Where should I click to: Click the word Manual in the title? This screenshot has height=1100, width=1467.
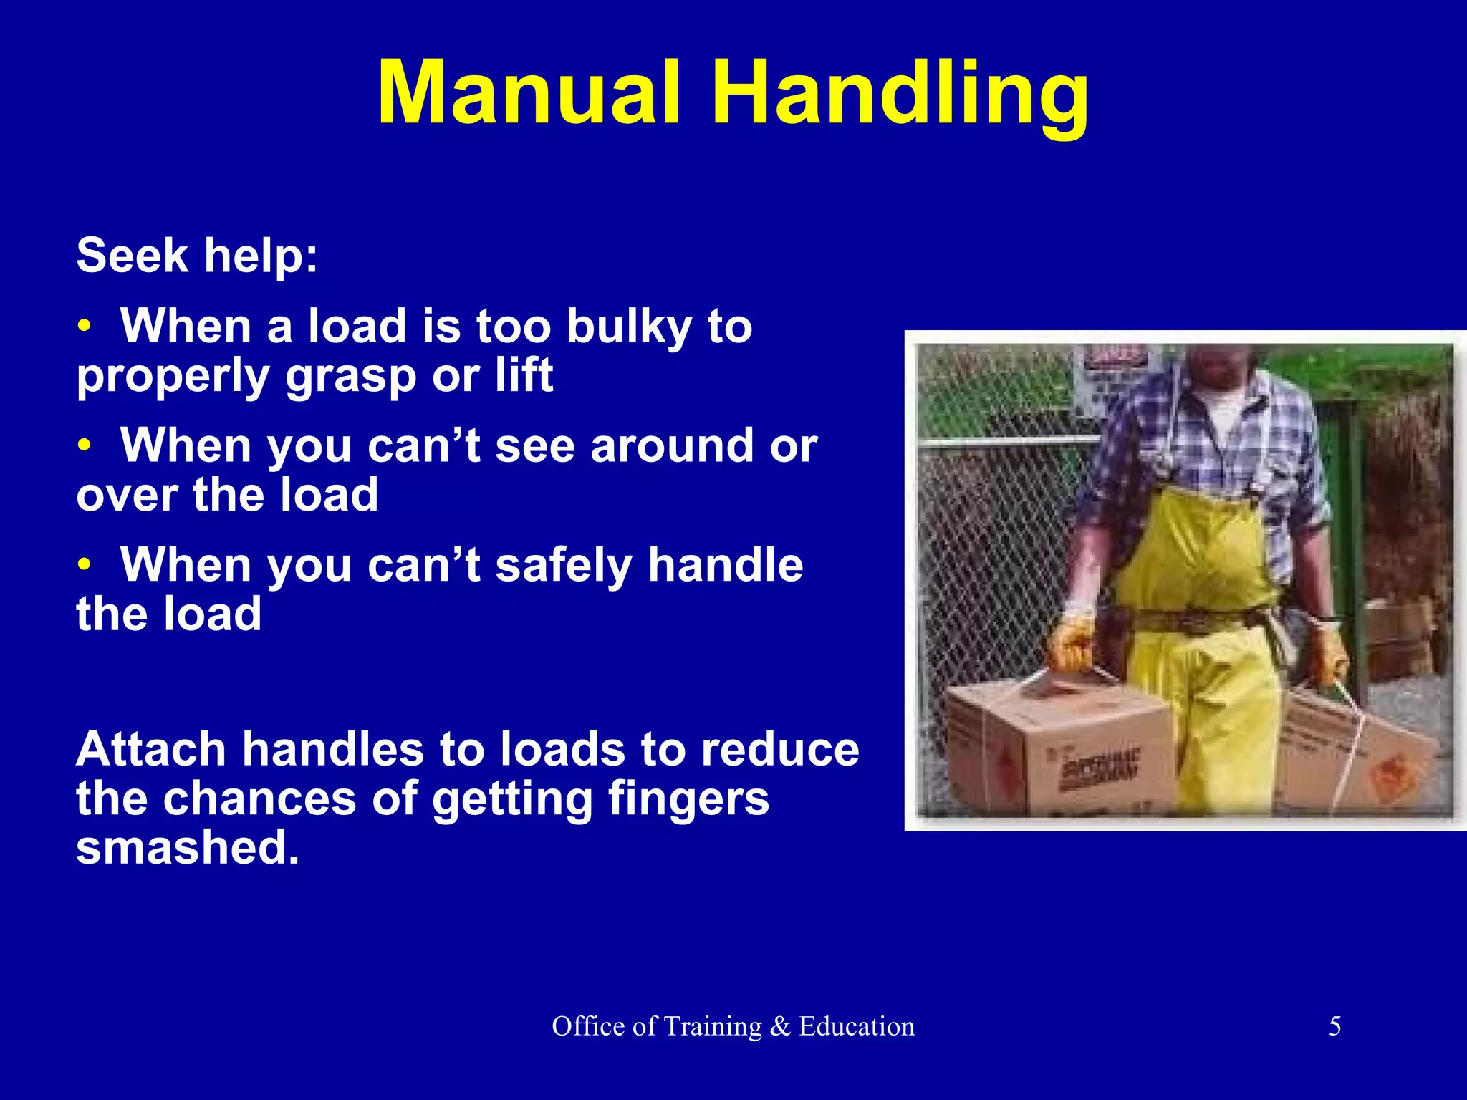[529, 93]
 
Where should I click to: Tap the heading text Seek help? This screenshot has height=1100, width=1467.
[197, 256]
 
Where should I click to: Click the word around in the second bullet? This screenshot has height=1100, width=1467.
[672, 445]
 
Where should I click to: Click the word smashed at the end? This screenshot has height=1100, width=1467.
[187, 847]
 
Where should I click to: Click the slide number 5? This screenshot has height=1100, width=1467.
[1334, 1026]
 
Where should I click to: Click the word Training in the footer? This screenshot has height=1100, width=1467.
[712, 1026]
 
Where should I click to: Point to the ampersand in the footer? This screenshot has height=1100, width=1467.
[780, 1026]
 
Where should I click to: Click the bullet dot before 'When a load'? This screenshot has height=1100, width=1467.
[85, 327]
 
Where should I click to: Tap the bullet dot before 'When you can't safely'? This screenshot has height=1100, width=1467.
[85, 566]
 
